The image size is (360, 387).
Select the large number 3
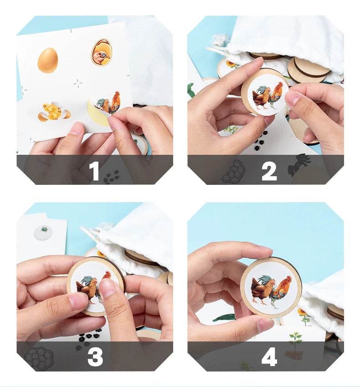pyautogui.click(x=95, y=357)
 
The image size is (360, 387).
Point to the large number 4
pyautogui.click(x=269, y=357)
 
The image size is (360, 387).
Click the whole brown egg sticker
pyautogui.click(x=47, y=61)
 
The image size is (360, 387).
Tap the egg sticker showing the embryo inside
pyautogui.click(x=101, y=52)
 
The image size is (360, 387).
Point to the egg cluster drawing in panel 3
pyautogui.click(x=39, y=357)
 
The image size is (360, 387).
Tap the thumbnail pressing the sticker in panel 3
pyautogui.click(x=108, y=288)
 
